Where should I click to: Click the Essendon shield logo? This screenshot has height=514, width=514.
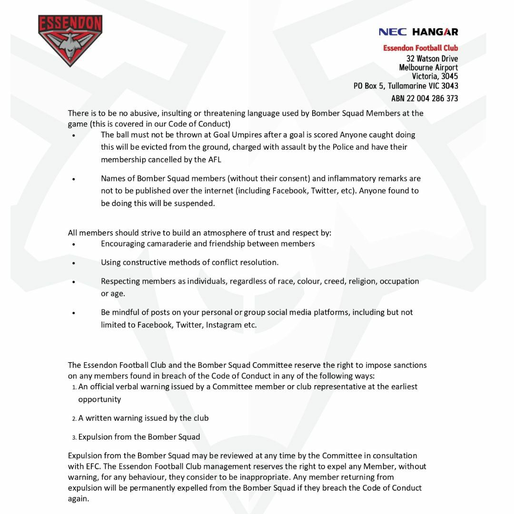70,40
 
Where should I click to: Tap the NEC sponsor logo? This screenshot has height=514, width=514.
393,32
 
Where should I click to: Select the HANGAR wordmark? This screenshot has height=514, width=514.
435,32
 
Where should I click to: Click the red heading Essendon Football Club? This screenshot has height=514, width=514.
420,48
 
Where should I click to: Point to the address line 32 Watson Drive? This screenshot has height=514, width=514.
432,59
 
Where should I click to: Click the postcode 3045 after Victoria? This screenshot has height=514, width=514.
449,76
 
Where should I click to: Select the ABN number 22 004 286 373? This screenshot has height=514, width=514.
432,99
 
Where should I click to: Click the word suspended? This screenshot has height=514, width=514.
195,203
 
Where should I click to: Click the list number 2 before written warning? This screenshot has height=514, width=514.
74,418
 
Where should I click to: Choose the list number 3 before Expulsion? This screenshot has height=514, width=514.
74,437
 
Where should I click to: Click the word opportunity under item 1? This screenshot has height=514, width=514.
99,399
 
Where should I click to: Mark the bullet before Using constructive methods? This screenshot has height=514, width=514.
74,263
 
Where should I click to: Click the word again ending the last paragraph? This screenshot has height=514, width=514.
78,499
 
